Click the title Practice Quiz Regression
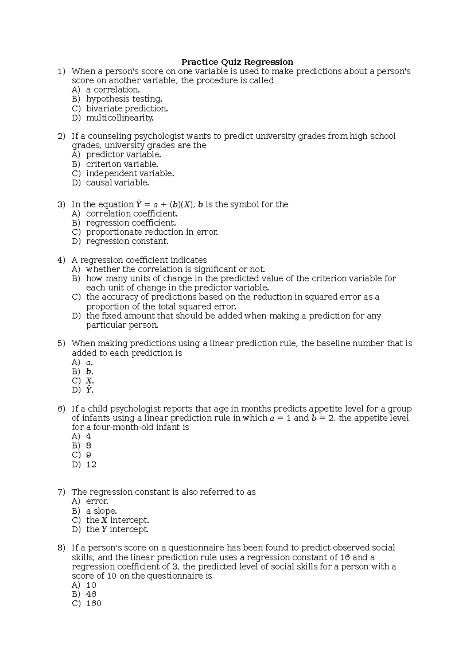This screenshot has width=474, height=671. (237, 62)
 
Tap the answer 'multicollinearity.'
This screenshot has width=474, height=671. (120, 118)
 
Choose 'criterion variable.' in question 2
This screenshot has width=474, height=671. (122, 164)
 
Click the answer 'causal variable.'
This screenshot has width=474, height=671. (117, 183)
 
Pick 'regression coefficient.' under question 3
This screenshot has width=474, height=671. (131, 222)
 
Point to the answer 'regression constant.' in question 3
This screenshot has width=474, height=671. (127, 241)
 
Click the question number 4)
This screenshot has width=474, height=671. (61, 260)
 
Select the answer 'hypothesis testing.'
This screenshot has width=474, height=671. (124, 99)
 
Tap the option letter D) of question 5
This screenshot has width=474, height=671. (76, 390)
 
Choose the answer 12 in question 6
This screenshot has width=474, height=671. (91, 464)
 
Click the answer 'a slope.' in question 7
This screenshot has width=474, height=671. (101, 511)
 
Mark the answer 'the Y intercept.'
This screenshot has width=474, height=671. (117, 529)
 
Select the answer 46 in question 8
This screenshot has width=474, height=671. (91, 594)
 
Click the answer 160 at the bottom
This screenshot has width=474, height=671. (94, 603)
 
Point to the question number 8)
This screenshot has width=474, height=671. (61, 548)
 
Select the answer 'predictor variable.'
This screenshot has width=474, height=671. (123, 155)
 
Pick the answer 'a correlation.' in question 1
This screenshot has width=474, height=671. (113, 90)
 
